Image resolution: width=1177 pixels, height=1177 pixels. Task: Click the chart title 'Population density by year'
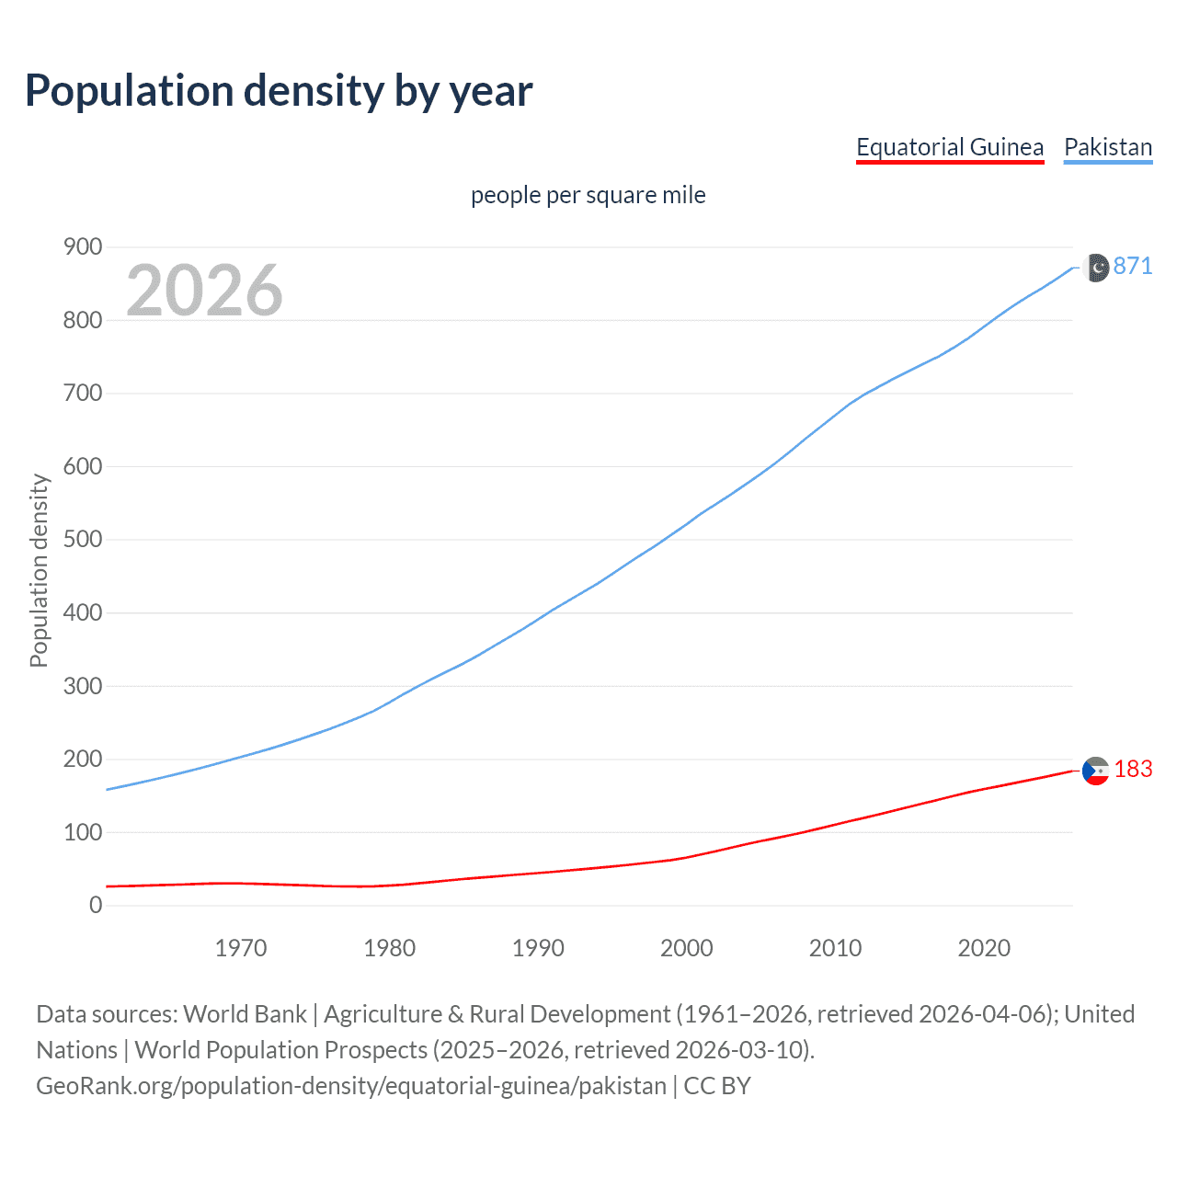(279, 91)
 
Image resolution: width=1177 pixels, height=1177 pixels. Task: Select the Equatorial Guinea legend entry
(949, 147)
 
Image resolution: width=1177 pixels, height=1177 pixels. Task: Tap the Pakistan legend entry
(1107, 147)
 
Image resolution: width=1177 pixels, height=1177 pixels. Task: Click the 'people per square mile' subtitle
(588, 195)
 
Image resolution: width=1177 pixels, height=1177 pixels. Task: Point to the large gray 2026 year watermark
(204, 291)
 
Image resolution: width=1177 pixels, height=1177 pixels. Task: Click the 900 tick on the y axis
(83, 246)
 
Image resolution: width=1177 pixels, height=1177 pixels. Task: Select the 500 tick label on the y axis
(83, 539)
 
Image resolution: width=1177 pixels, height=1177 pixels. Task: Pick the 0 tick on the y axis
(96, 905)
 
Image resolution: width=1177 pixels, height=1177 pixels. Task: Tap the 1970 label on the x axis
(241, 948)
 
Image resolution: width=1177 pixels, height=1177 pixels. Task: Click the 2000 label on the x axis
(687, 948)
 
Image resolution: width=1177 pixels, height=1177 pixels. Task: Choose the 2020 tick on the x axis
(984, 948)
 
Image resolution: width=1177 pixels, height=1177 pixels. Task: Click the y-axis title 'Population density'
(39, 570)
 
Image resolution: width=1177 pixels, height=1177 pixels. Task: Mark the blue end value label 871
(1132, 266)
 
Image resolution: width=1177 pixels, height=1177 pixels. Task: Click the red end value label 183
(1133, 769)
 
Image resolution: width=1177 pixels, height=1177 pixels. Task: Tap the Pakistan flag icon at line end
(1097, 268)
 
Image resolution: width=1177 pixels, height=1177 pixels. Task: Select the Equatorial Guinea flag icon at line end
(1095, 771)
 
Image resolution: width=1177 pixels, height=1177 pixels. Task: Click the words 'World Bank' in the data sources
(245, 1014)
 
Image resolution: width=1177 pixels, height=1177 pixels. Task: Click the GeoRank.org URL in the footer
(350, 1086)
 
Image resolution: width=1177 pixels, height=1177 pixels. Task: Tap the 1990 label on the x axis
(538, 948)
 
